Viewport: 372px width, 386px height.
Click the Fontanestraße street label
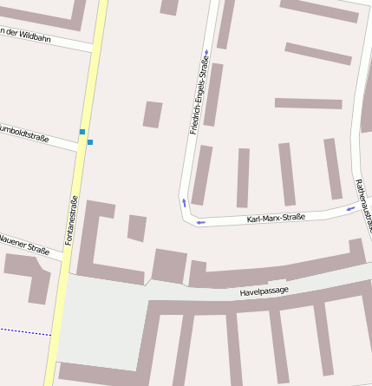tap(73, 221)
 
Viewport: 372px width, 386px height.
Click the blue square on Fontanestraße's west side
tap(82, 132)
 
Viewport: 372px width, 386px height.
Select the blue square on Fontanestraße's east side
tap(90, 141)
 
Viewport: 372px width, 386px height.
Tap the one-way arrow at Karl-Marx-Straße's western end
tap(200, 222)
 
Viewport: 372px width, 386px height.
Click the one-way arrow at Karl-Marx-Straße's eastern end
tap(350, 207)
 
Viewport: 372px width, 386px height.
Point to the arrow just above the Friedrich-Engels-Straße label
tap(206, 51)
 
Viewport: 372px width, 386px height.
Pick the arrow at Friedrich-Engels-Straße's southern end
tap(184, 203)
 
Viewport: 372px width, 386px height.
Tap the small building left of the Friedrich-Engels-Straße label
tap(153, 114)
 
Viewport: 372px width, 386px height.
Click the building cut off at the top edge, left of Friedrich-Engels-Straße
tap(169, 7)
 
